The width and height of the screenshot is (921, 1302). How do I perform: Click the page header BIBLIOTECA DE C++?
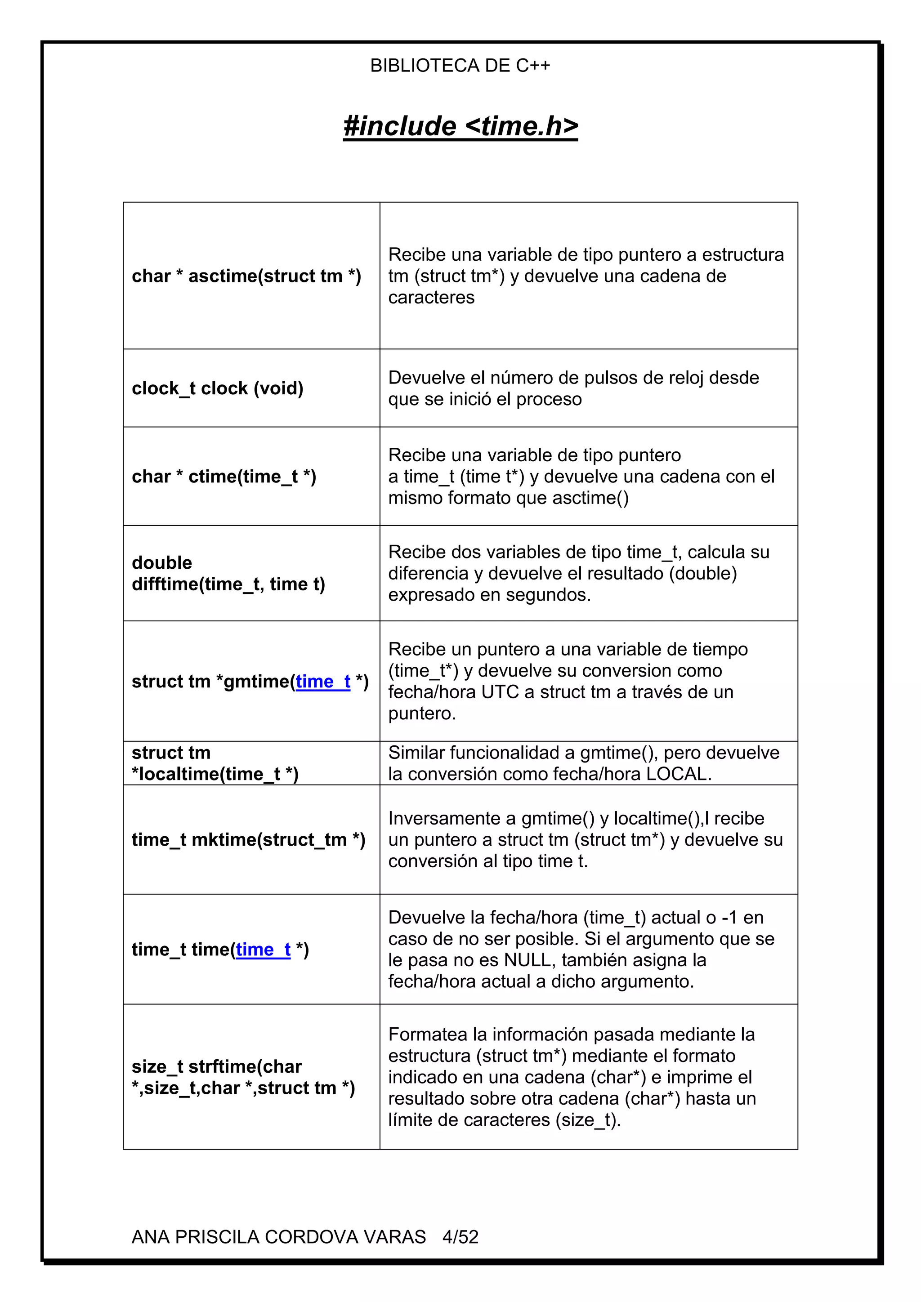click(x=460, y=66)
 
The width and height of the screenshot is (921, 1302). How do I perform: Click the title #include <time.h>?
click(x=460, y=126)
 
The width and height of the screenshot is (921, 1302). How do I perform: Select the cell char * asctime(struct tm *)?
click(x=246, y=276)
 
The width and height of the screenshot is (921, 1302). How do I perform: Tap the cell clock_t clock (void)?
click(x=217, y=388)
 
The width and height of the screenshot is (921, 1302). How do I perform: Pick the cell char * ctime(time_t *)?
click(x=224, y=477)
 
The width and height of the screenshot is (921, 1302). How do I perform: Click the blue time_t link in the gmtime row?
click(x=323, y=681)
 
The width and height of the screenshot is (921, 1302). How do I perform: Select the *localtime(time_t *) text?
click(x=215, y=774)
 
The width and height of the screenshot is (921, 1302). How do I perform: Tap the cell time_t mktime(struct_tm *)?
click(x=248, y=839)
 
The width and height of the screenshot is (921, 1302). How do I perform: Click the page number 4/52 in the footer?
click(x=460, y=1237)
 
